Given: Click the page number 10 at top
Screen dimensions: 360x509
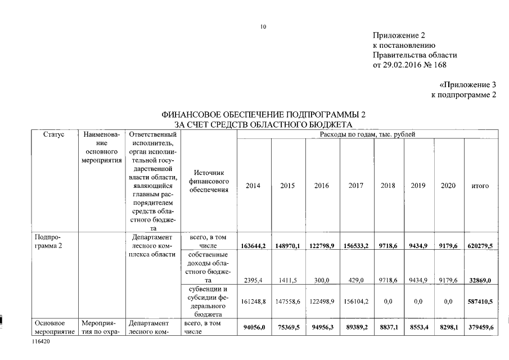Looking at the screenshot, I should pyautogui.click(x=263, y=26).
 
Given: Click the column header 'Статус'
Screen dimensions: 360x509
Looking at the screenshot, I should pyautogui.click(x=53, y=134).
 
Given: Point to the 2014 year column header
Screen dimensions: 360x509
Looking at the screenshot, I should pyautogui.click(x=254, y=186).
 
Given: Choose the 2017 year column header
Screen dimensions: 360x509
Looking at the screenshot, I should pyautogui.click(x=356, y=186).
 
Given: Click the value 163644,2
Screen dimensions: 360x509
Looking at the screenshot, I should pyautogui.click(x=254, y=246).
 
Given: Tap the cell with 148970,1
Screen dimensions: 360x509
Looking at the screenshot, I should pyautogui.click(x=288, y=246).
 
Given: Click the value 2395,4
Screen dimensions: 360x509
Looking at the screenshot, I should pyautogui.click(x=254, y=280).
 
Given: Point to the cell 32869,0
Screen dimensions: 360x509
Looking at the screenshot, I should pyautogui.click(x=481, y=280).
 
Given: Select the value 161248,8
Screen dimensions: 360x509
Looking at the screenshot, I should pyautogui.click(x=254, y=301).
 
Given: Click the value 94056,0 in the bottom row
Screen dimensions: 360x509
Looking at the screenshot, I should pyautogui.click(x=254, y=327).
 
